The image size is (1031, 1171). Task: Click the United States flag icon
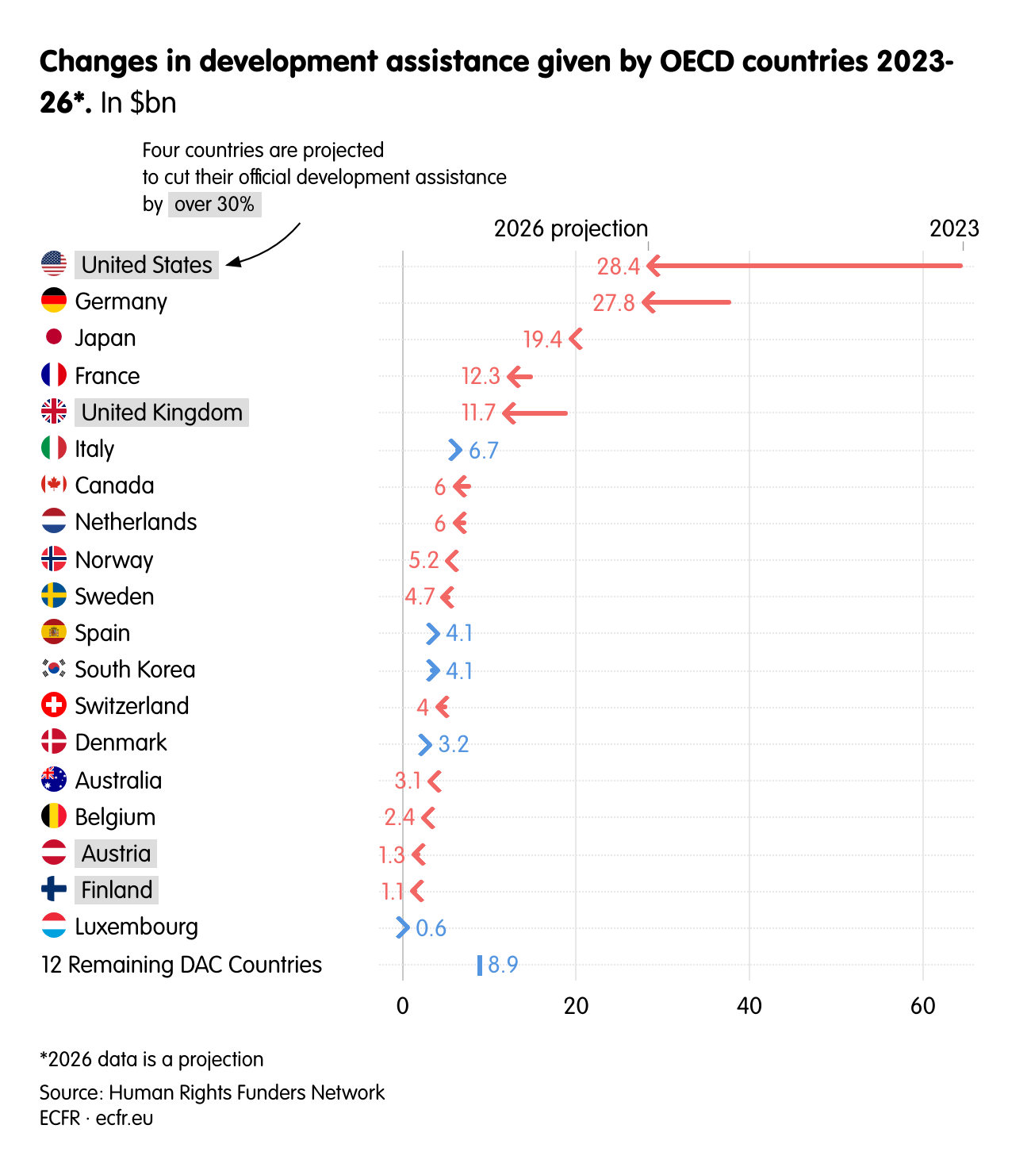click(x=54, y=263)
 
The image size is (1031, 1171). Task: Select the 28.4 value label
click(x=618, y=267)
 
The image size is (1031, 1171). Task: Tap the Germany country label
click(x=121, y=301)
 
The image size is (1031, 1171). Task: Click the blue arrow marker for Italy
click(x=454, y=450)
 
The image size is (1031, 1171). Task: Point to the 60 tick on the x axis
click(x=922, y=1006)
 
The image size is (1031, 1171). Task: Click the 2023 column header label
click(x=954, y=228)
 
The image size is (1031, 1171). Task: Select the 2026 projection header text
click(x=570, y=228)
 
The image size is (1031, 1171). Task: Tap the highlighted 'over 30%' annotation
click(x=214, y=204)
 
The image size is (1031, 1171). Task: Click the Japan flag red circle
click(x=54, y=337)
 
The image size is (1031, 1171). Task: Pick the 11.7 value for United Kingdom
click(x=478, y=413)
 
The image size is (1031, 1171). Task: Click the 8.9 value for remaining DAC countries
click(x=503, y=965)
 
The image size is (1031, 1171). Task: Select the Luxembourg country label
click(x=136, y=927)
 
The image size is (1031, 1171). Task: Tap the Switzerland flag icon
click(x=54, y=705)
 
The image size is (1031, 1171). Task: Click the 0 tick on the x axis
click(x=403, y=1006)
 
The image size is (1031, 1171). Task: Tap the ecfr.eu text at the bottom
click(x=125, y=1118)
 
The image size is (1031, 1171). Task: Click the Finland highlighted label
click(x=117, y=890)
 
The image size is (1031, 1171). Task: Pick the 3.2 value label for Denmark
click(x=454, y=744)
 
